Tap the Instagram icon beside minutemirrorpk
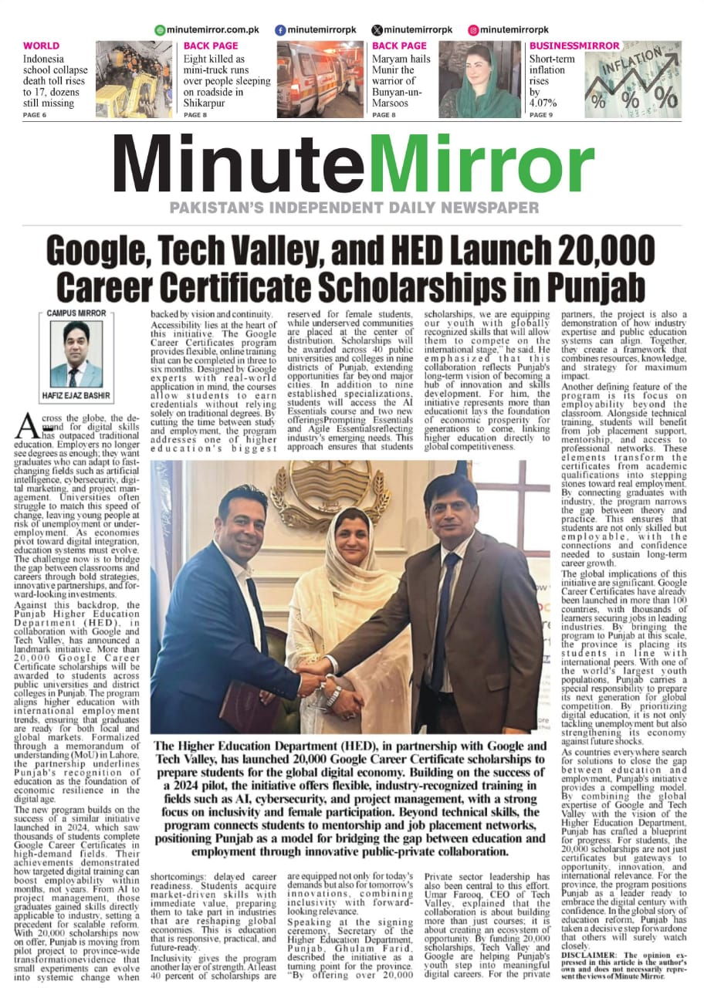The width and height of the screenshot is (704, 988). tap(473, 30)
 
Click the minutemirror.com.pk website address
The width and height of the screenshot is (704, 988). tap(205, 30)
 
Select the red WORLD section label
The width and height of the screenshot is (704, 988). tap(41, 46)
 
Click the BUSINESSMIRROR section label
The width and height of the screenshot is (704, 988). tap(574, 46)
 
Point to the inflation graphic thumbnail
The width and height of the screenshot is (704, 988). tap(632, 80)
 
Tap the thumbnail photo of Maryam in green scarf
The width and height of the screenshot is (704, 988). tap(479, 80)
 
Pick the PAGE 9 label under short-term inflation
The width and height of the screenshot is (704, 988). tap(541, 115)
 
